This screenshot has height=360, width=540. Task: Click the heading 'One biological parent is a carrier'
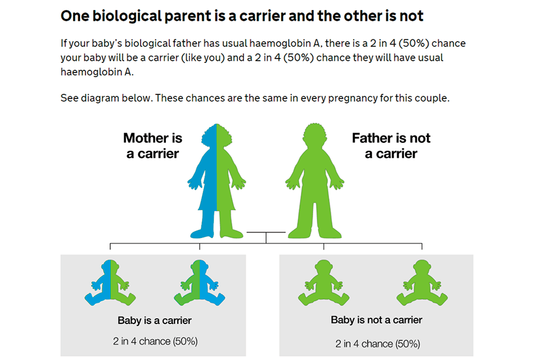point(242,16)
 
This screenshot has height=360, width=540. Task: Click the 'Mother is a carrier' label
point(152,146)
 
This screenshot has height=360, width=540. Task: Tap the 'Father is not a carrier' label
point(391,146)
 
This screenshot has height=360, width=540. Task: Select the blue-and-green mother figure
point(217,180)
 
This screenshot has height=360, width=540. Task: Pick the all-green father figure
point(314,180)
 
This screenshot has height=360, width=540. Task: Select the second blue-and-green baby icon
point(199,282)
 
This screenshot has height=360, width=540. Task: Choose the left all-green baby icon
point(323,282)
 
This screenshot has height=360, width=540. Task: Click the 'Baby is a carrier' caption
point(154,321)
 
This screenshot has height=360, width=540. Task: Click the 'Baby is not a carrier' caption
point(376,320)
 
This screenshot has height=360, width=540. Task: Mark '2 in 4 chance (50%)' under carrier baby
point(154,341)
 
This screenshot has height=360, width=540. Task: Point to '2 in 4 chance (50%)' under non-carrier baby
point(377,343)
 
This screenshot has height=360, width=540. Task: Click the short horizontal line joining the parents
point(266,232)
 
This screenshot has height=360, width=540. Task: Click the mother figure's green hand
point(242,182)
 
